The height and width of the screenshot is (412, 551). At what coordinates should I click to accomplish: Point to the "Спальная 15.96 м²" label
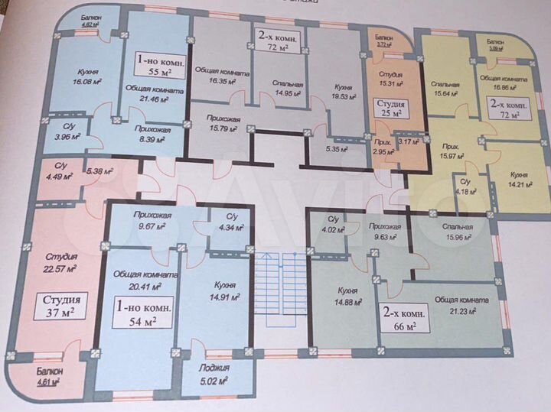pos(457,232)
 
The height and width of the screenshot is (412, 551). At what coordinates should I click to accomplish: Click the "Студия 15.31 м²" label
pos(387,79)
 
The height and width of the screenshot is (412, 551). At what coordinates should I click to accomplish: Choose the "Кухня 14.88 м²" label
pos(349,295)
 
